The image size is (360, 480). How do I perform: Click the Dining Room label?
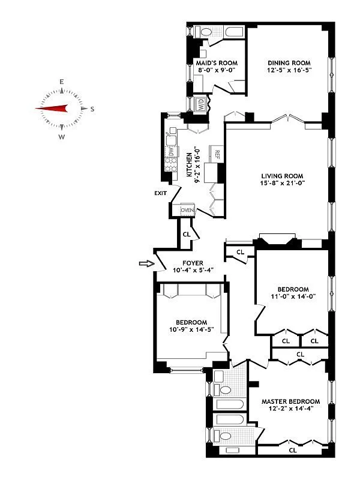[289, 62]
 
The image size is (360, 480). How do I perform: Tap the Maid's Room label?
[217, 62]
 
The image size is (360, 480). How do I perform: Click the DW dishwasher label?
[171, 151]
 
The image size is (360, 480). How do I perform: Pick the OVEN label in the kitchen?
[187, 210]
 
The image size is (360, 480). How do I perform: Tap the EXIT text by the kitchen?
[160, 193]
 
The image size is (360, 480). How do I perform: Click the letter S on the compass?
[92, 109]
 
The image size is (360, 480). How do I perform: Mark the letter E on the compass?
[61, 82]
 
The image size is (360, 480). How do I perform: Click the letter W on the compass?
[61, 137]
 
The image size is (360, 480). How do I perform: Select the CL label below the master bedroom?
[293, 449]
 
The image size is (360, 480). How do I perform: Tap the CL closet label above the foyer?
[186, 233]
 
